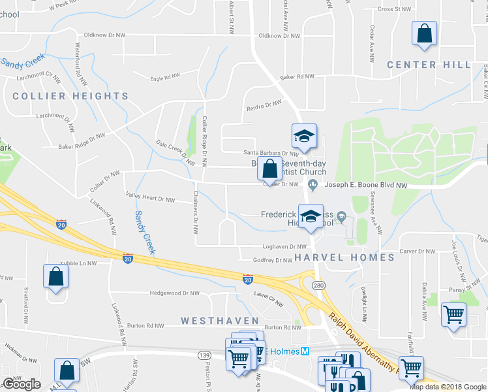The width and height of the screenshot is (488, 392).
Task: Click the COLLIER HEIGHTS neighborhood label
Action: tap(70, 96)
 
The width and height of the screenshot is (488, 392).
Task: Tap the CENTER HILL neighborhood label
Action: tap(429, 65)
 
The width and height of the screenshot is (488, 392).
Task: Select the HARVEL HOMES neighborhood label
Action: tap(344, 257)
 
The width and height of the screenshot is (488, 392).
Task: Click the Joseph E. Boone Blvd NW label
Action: tap(365, 185)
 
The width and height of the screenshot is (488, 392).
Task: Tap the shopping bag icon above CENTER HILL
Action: tap(424, 35)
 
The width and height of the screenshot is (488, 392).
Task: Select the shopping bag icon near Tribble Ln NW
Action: tap(56, 276)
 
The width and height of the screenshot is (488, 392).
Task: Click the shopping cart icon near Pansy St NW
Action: tap(453, 314)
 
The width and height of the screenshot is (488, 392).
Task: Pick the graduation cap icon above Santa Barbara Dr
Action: tap(303, 137)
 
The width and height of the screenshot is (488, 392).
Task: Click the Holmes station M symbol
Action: tap(304, 351)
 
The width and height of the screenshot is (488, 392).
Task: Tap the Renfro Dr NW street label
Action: tap(264, 105)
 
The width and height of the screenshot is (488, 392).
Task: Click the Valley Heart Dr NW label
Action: tap(150, 199)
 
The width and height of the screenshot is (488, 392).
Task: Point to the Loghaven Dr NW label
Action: tap(284, 247)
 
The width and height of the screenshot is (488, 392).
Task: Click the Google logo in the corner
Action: tap(22, 384)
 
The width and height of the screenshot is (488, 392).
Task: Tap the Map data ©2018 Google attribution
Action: tap(448, 387)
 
